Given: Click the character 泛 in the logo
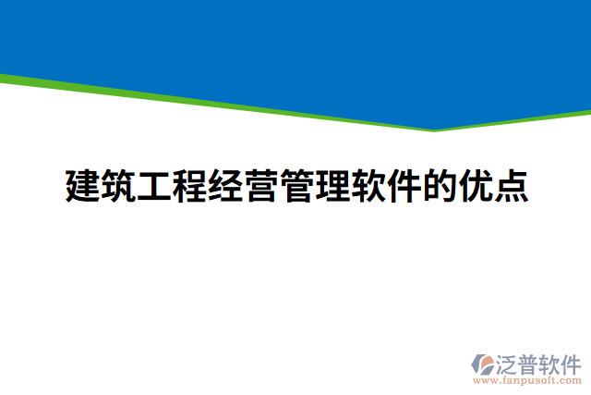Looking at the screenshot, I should coord(508,362).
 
